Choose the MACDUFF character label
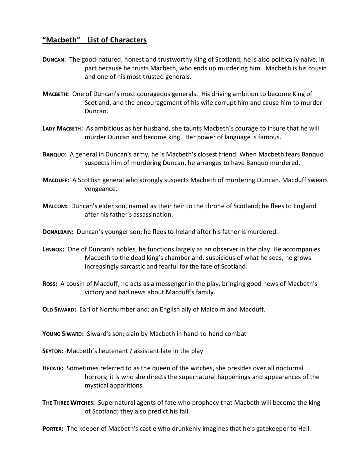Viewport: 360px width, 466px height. click(x=56, y=180)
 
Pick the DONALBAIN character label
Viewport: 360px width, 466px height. click(x=58, y=232)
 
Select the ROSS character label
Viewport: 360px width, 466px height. click(x=50, y=284)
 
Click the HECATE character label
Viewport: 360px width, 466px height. click(x=53, y=368)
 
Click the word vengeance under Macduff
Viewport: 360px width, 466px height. click(x=101, y=189)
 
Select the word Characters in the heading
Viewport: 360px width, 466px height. click(x=128, y=40)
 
